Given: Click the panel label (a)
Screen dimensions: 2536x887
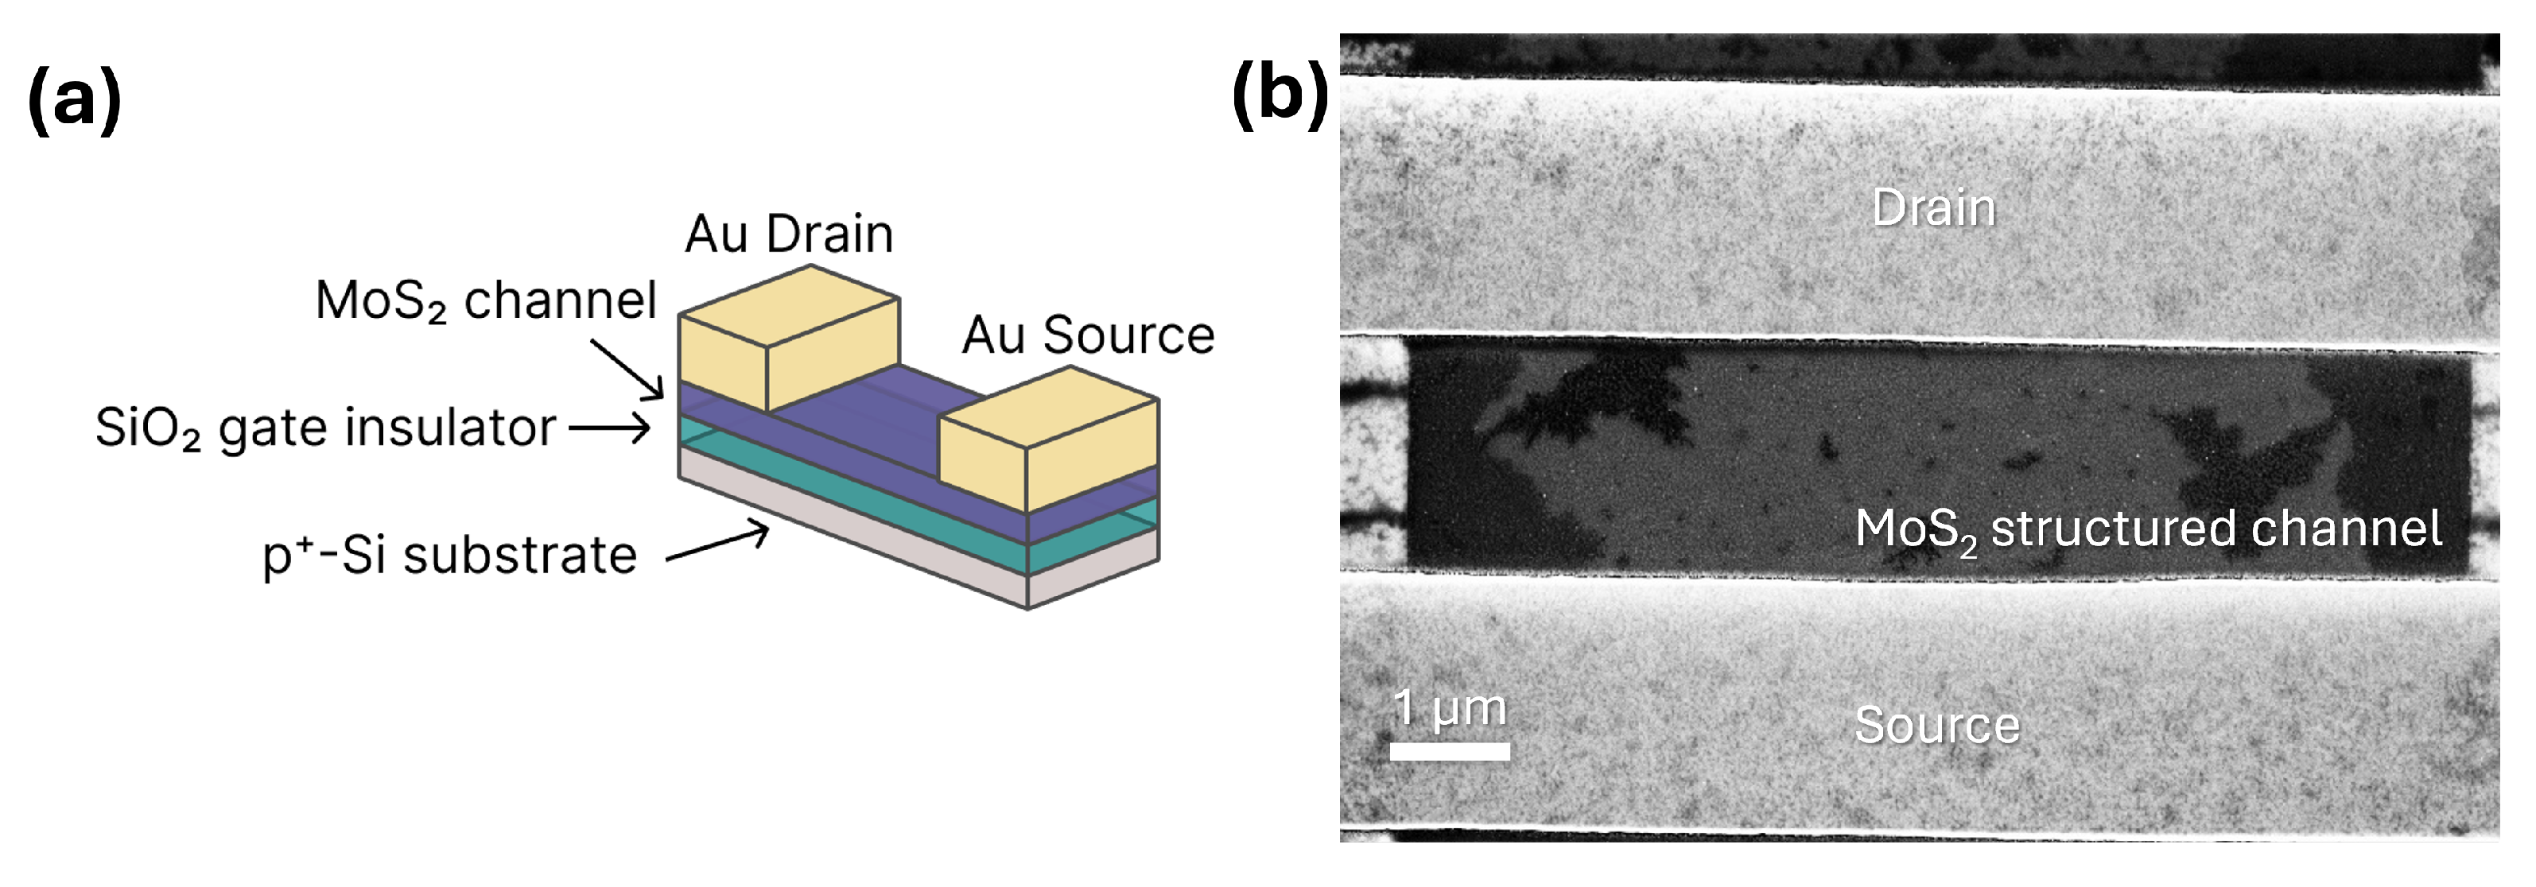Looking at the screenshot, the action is (x=75, y=99).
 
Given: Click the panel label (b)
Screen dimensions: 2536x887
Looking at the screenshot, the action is (x=1280, y=95).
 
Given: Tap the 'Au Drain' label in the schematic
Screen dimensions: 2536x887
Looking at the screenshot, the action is (x=789, y=234).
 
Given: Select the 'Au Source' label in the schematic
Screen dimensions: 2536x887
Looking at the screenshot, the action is (x=1088, y=335).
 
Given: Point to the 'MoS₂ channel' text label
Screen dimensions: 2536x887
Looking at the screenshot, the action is (x=485, y=300).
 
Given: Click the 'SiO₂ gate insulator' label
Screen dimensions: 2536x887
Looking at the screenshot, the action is (x=325, y=429).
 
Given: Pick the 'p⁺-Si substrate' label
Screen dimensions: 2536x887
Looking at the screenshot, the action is (x=449, y=556).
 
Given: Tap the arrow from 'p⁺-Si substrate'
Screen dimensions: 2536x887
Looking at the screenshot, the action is (x=717, y=544).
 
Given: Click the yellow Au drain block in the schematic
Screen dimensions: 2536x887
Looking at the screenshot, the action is (x=787, y=339).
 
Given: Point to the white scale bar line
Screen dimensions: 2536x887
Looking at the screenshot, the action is (x=1449, y=751).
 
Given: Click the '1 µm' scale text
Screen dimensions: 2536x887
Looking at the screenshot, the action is (x=1449, y=708).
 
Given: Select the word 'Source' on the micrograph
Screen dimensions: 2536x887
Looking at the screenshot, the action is (x=1936, y=726).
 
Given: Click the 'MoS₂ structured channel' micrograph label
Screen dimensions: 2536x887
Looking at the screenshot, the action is (x=2148, y=529).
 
